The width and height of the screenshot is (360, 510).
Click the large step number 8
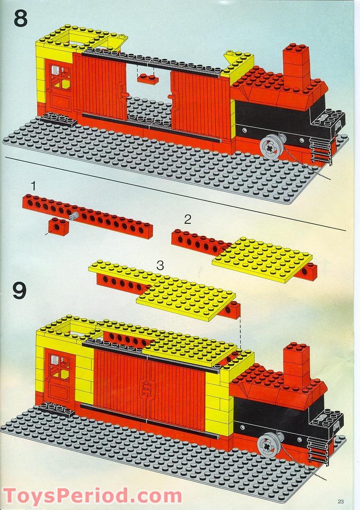point(21,18)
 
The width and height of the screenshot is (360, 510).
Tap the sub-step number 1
point(33,186)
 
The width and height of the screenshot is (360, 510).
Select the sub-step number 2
point(187,220)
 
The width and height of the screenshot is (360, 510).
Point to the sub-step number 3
point(160,266)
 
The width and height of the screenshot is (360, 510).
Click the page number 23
point(341,501)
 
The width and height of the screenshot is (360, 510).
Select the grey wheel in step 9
point(267,445)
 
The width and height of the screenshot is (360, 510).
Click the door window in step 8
point(59,77)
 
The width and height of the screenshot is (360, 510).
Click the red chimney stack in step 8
point(296,67)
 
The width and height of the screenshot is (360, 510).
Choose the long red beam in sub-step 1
point(87,216)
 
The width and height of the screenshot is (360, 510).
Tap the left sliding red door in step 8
point(99,86)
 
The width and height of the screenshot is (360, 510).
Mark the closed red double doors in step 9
point(150,390)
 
